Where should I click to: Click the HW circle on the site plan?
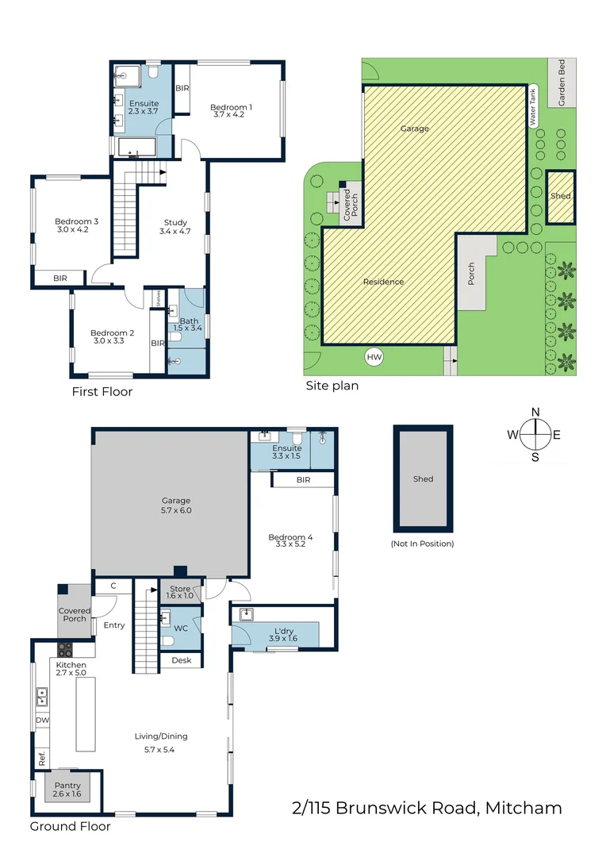point(374,358)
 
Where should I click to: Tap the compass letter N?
point(535,411)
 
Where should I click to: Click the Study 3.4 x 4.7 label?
point(175,227)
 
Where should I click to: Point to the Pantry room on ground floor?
point(67,790)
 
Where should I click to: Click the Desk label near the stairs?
point(182,660)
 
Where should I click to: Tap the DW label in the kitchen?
point(41,721)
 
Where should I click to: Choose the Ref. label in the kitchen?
point(41,757)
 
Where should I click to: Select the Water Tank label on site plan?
point(534,106)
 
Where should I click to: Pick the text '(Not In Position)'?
point(423,544)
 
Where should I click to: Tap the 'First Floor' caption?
point(102,391)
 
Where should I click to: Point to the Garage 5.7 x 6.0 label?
point(176,505)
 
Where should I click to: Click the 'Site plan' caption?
point(332,386)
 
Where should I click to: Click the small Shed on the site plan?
point(561,196)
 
